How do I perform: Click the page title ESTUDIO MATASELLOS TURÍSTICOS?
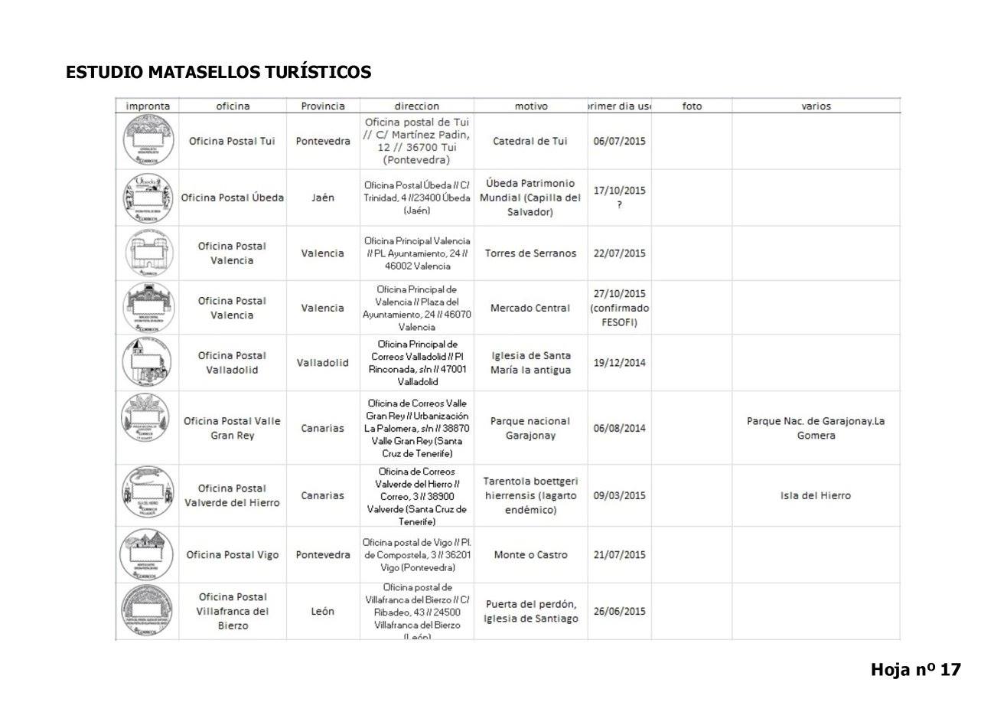coord(218,72)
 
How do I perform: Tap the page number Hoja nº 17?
coord(915,670)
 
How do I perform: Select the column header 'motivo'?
coord(530,106)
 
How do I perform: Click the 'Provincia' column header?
coord(323,106)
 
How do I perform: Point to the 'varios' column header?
coord(816,106)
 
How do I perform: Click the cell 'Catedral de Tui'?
coord(530,141)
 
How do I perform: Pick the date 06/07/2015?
coord(619,141)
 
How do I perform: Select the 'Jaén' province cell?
coord(323,198)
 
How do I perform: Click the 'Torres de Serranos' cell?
coord(530,253)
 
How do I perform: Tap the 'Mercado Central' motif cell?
coord(530,308)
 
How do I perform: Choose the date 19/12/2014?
coord(619,363)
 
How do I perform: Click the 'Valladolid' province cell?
coord(323,363)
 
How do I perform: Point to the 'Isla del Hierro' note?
coord(816,495)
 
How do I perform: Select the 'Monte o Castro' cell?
coord(530,555)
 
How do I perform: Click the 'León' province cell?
coord(323,611)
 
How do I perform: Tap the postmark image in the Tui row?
coord(148,141)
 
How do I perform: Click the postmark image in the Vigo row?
coord(148,555)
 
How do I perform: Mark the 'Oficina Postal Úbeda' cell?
coord(232,198)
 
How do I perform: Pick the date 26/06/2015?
coord(619,611)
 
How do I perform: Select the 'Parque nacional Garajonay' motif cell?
coord(530,428)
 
